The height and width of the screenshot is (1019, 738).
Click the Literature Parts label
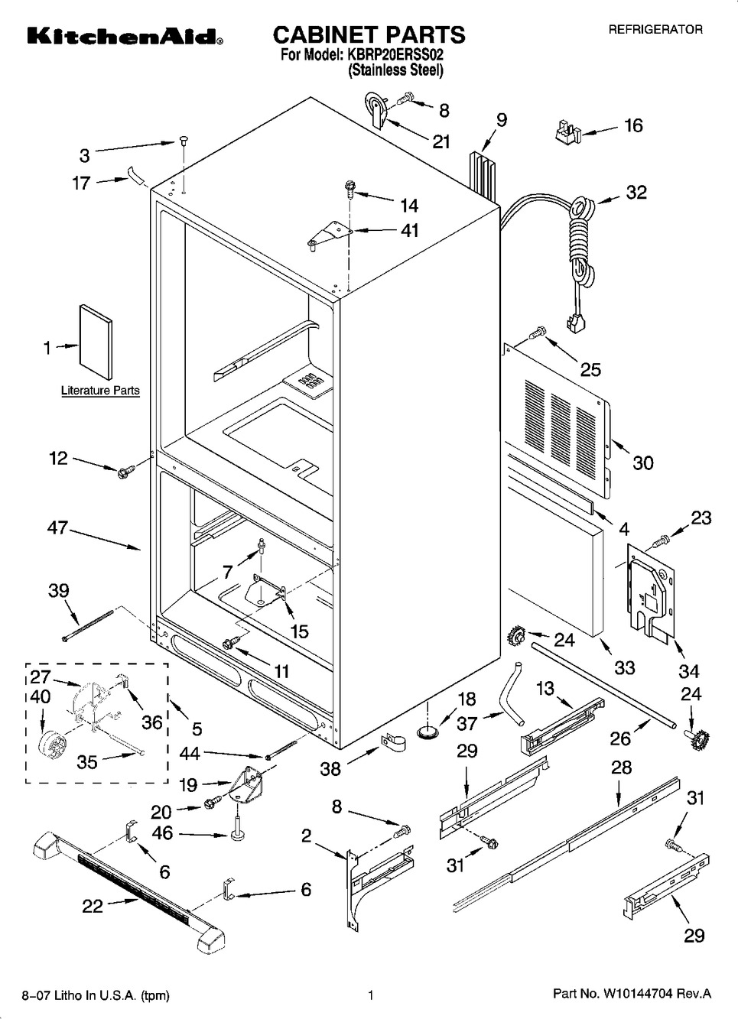click(x=100, y=391)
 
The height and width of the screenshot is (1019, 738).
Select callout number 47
click(x=58, y=528)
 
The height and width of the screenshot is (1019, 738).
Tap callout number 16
click(x=634, y=125)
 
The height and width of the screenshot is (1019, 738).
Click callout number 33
click(x=625, y=667)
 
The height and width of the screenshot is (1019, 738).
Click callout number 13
click(x=545, y=689)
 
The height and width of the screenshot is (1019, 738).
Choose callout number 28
click(x=622, y=767)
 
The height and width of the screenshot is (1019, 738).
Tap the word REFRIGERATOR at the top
click(x=655, y=30)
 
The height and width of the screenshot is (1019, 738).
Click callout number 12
click(x=59, y=459)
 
